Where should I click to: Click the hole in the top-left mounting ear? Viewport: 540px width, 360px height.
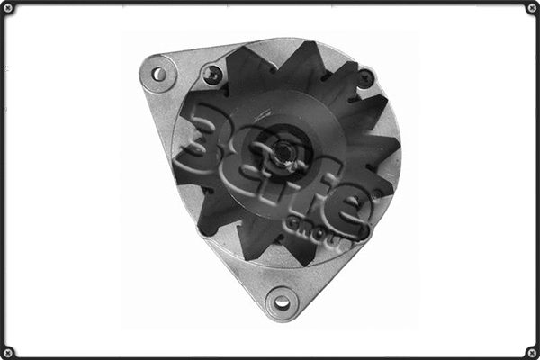159,74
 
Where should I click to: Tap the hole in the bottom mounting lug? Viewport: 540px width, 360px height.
282,302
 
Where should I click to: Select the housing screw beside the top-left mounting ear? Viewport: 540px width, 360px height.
212,76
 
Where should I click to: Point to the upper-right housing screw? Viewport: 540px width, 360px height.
364,78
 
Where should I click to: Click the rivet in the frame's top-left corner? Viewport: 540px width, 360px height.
8,8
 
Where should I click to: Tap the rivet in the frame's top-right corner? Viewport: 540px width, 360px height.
531,8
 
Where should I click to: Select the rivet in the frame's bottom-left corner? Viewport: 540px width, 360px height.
8,351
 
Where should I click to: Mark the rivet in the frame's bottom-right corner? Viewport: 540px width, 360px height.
531,351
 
